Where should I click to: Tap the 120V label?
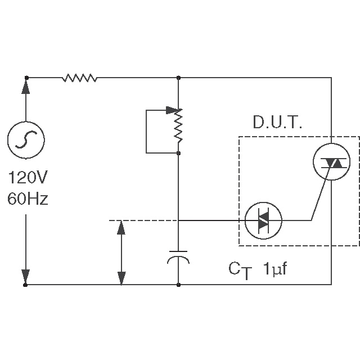tap(28, 180)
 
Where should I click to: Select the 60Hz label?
tap(28, 199)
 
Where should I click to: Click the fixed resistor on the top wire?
tap(79, 78)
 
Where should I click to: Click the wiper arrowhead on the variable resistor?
tap(172, 110)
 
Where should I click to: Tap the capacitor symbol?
tap(178, 255)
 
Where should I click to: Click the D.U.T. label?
tap(277, 123)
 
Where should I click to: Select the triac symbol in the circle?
tap(330, 162)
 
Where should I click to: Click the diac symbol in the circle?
tap(263, 220)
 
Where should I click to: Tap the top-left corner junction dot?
tap(26, 78)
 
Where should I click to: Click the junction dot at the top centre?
tap(178, 78)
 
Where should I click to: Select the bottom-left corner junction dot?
tap(26, 285)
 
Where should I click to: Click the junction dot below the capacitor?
tap(178, 285)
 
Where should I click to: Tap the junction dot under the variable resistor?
tap(178, 152)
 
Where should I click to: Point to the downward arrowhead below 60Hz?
tap(26, 276)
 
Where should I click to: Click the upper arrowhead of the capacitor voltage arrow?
tap(121, 228)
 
